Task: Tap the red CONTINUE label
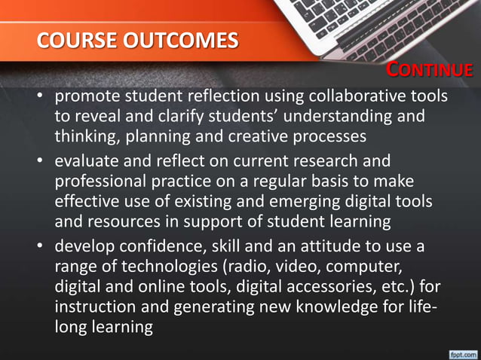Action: pyautogui.click(x=430, y=71)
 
